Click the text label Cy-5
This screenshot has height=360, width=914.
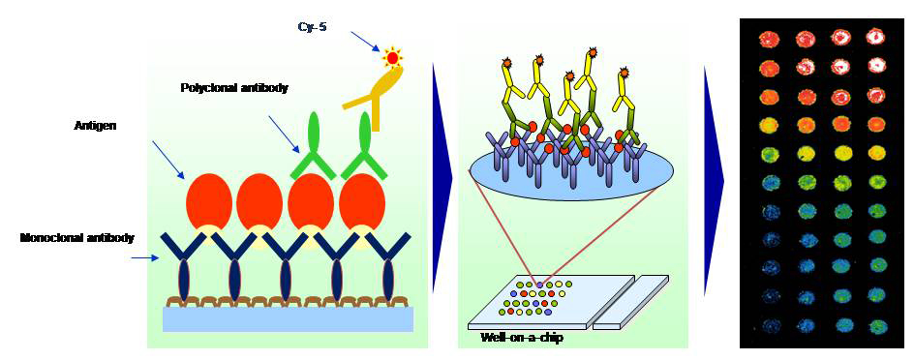tap(312, 26)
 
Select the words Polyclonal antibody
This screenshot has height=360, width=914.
tap(234, 88)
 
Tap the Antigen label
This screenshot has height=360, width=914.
tap(95, 126)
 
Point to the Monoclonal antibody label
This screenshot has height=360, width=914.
tap(77, 238)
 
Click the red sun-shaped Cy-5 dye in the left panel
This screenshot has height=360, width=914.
tap(392, 57)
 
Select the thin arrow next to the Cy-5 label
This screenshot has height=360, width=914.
tap(364, 41)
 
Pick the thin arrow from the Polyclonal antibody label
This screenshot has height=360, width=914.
tap(284, 134)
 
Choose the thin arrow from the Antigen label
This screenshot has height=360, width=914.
tap(168, 160)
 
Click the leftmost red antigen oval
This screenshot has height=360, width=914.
tap(208, 203)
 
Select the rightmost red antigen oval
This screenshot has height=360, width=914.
tap(362, 203)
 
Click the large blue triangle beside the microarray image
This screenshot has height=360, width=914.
tap(714, 179)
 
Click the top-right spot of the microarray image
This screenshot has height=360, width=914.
tap(876, 38)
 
